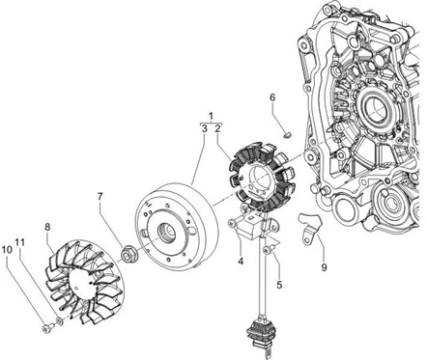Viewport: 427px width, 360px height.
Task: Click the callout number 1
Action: point(212,116)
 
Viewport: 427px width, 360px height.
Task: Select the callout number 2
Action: point(218,128)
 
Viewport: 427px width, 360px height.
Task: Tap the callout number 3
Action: point(204,128)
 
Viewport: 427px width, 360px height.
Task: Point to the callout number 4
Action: point(241,262)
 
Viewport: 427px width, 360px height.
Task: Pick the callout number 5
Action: point(279,285)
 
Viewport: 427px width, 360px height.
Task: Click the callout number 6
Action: point(272,97)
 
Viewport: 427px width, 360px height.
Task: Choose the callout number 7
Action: point(100,196)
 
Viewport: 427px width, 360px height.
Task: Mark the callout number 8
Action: point(47,227)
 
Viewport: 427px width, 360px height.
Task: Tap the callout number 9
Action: point(324,267)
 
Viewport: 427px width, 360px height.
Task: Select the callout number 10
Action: point(7,249)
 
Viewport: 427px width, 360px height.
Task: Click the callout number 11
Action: point(20,242)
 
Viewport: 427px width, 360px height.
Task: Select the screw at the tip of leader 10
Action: point(47,328)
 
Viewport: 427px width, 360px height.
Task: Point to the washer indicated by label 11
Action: point(59,320)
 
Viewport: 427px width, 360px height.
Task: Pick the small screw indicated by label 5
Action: point(269,249)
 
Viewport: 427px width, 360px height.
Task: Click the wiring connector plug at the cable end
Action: point(260,334)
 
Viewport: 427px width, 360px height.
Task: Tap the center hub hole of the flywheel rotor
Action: point(165,233)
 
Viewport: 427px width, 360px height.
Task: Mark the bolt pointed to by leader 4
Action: point(235,222)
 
